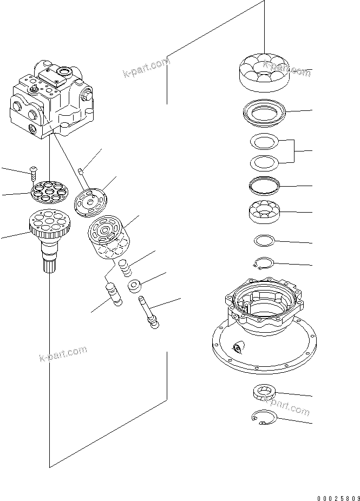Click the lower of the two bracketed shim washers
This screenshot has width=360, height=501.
pos(264,162)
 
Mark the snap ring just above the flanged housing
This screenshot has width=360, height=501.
pos(264,263)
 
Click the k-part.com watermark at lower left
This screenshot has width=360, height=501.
pos(63,353)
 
